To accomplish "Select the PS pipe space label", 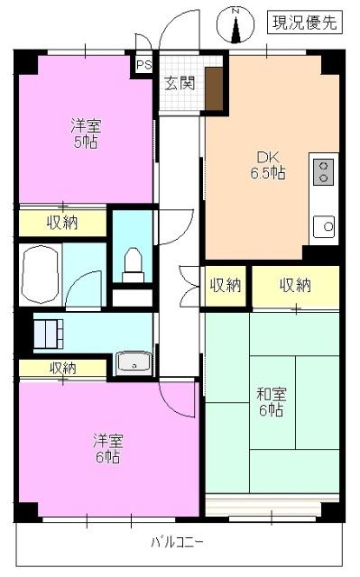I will coord(143,65).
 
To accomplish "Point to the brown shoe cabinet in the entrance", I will coord(214,86).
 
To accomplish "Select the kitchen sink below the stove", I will coord(324,224).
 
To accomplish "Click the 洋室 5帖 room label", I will coord(86,133).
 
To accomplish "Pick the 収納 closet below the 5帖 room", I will coord(62,222).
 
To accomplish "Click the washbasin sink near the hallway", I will coord(134,363).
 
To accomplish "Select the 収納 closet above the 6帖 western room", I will coord(62,368).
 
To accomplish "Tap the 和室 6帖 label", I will coord(270,400).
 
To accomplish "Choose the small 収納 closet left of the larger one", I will coord(226,286).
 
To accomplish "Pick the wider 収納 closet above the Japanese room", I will coord(295,286).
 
